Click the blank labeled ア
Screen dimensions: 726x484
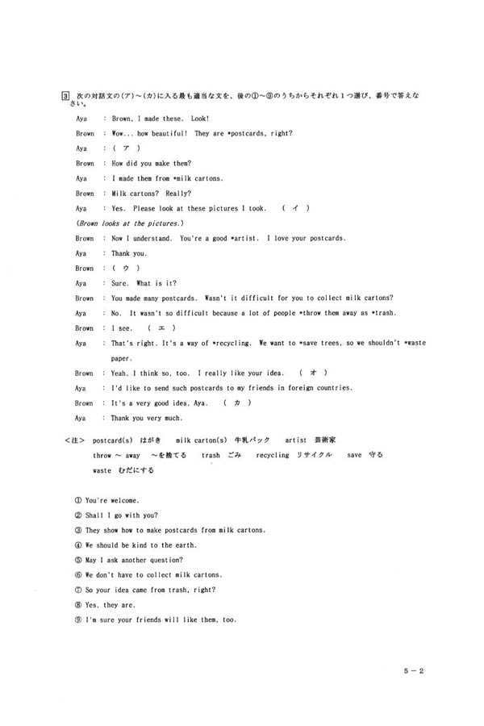pos(127,148)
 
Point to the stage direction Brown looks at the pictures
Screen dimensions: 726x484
pos(130,223)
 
